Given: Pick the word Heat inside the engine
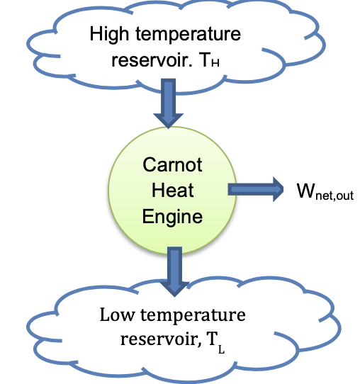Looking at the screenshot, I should click(172, 191).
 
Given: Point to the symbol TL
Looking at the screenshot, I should click(208, 340).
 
